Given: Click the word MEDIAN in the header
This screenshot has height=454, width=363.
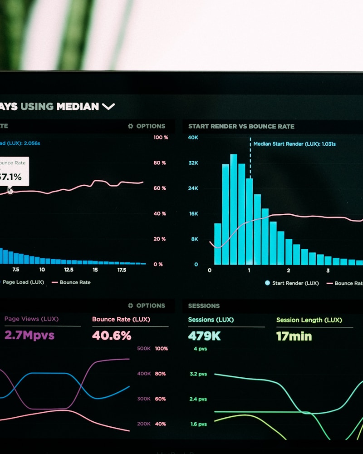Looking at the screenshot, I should point(77,107).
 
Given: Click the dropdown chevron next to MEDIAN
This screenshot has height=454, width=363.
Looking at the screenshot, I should point(108,107).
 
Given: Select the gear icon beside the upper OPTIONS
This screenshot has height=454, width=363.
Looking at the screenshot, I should point(131,126).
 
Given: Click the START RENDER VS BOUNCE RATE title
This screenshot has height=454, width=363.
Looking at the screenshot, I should point(241,127).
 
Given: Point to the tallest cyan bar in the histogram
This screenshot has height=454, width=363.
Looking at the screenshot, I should point(234,209).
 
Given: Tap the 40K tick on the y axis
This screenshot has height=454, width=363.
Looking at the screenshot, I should point(193,138).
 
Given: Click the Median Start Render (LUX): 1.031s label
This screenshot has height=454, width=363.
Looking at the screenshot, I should point(294,144).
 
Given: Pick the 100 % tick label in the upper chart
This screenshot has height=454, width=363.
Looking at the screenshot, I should point(161,137).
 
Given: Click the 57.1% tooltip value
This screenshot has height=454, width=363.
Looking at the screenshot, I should point(11,177).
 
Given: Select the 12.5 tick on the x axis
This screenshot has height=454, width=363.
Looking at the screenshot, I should point(69,270).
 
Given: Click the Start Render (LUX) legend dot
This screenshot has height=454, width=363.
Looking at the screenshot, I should point(267,283).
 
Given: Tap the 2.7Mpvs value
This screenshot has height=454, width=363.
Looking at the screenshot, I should point(29,336).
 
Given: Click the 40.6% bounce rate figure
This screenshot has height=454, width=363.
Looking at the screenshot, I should point(112,336).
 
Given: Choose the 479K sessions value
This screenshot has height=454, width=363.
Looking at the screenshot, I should point(205,336).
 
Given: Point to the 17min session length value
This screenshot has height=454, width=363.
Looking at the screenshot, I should point(294,336).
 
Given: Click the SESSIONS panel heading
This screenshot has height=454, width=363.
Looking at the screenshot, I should point(204,306).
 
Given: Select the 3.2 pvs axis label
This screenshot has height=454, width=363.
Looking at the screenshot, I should point(198,374).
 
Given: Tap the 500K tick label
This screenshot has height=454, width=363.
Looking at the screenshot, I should point(144,349).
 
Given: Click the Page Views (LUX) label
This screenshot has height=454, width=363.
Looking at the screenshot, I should point(31,319).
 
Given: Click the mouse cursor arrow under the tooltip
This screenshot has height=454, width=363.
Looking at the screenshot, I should point(10,190).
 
